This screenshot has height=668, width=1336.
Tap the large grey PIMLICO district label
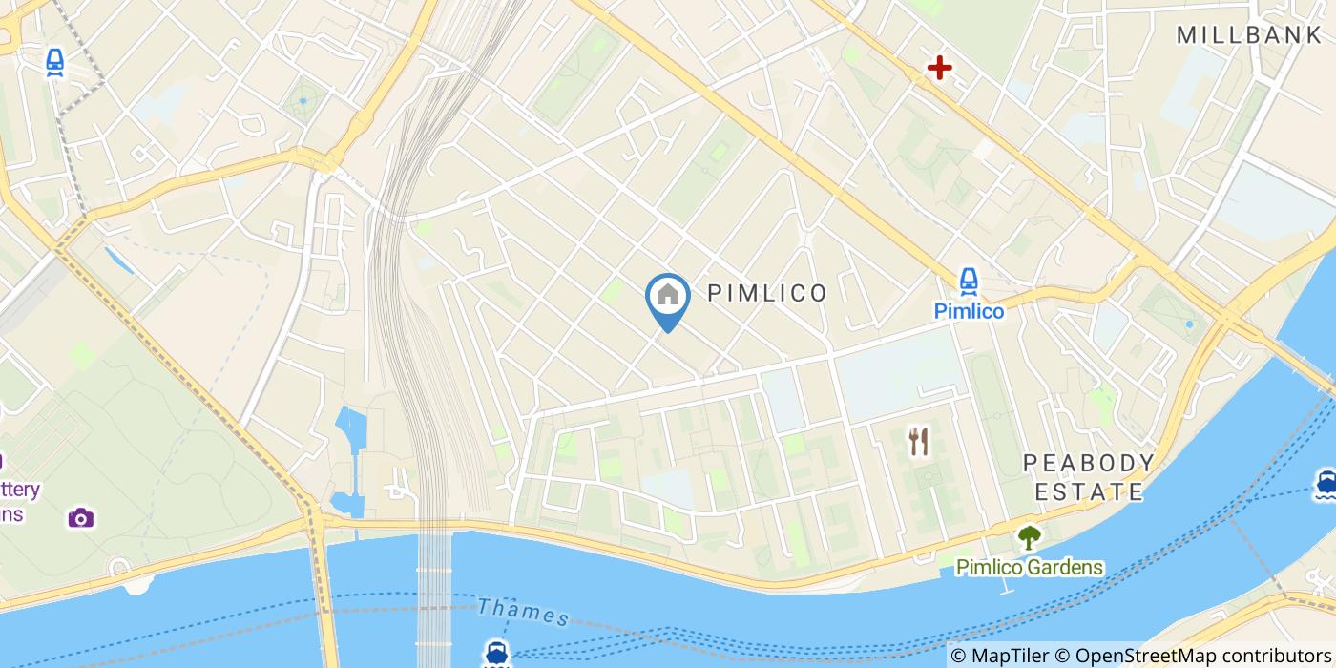pos(767,293)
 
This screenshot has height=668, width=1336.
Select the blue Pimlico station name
pos(969,311)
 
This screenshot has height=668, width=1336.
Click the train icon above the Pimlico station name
pos(969,281)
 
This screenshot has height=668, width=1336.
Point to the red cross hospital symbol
pos(940,68)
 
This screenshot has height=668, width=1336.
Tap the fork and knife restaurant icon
pos(919,441)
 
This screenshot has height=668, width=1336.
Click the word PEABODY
pos(1089,464)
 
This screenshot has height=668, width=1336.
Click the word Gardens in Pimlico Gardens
pos(1062,568)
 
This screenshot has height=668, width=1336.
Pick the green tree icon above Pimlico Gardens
pos(1028,538)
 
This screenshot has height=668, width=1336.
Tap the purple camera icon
pos(81,517)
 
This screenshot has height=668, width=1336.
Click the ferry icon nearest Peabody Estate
pos(1325,482)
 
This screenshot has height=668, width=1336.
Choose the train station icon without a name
pos(55,63)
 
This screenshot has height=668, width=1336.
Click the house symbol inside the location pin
pos(668,295)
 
